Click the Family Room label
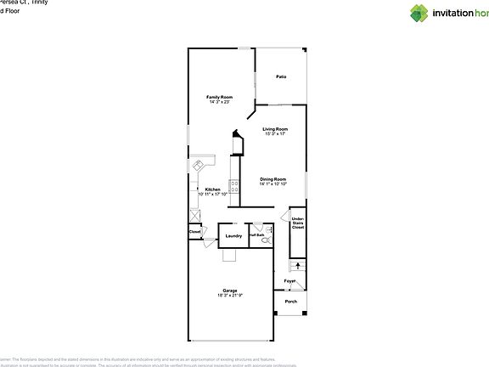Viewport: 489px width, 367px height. click(x=219, y=97)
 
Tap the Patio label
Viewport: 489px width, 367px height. click(x=281, y=77)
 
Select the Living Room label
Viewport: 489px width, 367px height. click(x=275, y=128)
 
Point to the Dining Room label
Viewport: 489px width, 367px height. click(x=273, y=178)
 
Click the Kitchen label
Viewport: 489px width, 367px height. click(x=212, y=189)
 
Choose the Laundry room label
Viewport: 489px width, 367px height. click(x=233, y=235)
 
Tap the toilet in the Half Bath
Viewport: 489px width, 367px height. click(x=266, y=240)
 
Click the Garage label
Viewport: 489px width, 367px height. click(x=229, y=291)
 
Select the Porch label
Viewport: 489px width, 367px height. click(x=290, y=302)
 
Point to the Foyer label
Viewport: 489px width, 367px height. click(x=289, y=279)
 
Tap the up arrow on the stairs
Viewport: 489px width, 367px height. click(x=297, y=266)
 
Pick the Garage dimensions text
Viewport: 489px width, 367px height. click(x=229, y=295)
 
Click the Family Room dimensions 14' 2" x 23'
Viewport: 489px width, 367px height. click(x=219, y=102)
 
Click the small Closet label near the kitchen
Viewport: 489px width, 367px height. click(x=194, y=231)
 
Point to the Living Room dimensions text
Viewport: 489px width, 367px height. click(x=275, y=133)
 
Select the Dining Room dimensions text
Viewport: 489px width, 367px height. click(x=273, y=183)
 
